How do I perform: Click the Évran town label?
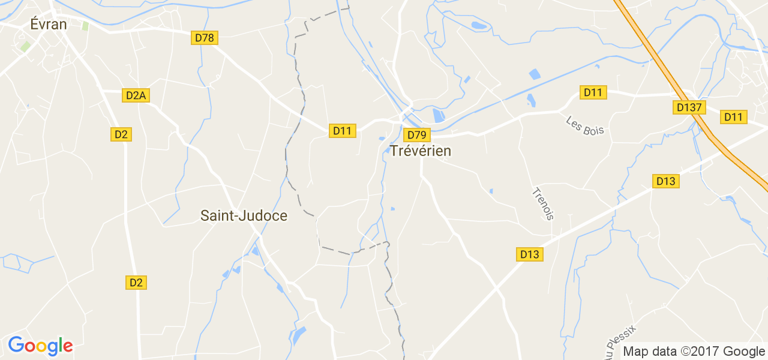tap(49, 24)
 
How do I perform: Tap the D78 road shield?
tap(205, 38)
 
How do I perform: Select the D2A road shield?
tap(136, 95)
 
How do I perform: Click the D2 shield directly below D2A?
tap(121, 134)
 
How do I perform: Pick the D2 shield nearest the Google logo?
tap(136, 282)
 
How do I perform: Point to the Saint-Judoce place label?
tap(244, 215)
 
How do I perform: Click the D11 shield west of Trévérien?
tap(343, 130)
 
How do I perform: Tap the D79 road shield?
tap(416, 134)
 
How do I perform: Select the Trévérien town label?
tap(421, 151)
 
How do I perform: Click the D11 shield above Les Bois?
tap(593, 92)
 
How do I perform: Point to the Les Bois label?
tap(585, 125)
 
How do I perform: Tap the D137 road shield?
tap(689, 107)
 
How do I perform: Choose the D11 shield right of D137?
tap(733, 117)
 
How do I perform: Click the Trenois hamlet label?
tap(542, 204)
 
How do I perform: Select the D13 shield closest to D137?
tap(666, 181)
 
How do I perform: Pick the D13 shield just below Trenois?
tap(529, 254)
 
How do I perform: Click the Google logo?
tap(40, 346)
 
